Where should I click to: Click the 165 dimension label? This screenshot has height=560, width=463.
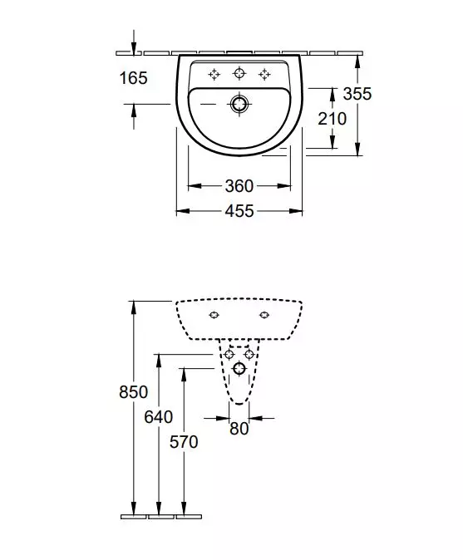coord(133,78)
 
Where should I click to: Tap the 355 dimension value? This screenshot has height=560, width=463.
coord(357,94)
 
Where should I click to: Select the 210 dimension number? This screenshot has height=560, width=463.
coord(332,119)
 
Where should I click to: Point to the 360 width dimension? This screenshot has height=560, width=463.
coord(239,186)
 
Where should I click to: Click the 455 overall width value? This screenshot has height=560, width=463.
coord(239,212)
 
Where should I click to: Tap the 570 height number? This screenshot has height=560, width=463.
coord(184,442)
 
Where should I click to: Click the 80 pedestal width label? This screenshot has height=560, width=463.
coord(239,430)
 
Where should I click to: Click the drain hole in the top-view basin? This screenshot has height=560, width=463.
coord(239,104)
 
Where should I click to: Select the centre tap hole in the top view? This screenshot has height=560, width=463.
coord(239,74)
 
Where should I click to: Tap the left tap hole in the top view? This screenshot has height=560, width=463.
coord(214,74)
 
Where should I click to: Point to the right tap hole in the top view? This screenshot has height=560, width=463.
coord(264,74)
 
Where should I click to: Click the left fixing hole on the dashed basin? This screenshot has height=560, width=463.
coord(214,315)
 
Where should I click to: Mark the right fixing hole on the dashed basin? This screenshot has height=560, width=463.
coord(264,315)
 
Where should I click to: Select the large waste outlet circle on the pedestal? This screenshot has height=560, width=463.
coord(239,368)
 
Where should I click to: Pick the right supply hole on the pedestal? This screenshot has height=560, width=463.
coord(249,355)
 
